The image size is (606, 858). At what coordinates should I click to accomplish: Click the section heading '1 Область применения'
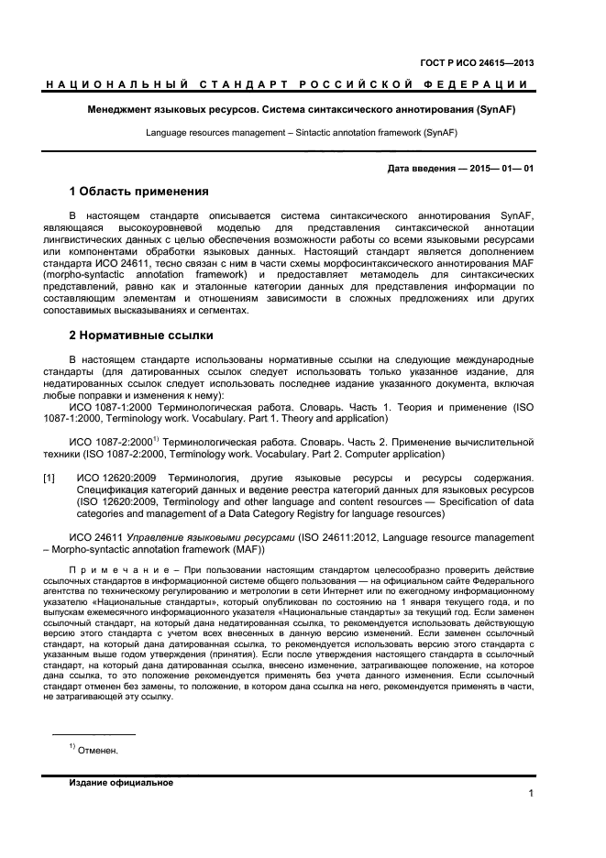point(138,192)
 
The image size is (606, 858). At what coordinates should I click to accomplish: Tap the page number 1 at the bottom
point(531,793)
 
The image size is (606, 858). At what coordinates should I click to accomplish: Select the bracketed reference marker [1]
point(50,478)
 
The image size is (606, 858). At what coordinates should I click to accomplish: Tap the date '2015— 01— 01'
point(503,169)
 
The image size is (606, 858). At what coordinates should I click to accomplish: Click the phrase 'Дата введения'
point(420,169)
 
